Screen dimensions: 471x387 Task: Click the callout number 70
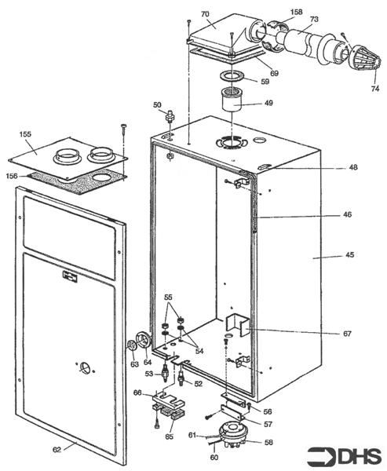click(x=205, y=14)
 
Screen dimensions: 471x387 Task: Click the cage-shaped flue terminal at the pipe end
click(x=358, y=62)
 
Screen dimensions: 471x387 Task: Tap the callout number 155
click(x=25, y=135)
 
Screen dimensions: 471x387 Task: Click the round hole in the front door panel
click(x=83, y=367)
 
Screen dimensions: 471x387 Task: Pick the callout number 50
click(x=157, y=104)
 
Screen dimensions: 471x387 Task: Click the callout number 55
click(x=167, y=299)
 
